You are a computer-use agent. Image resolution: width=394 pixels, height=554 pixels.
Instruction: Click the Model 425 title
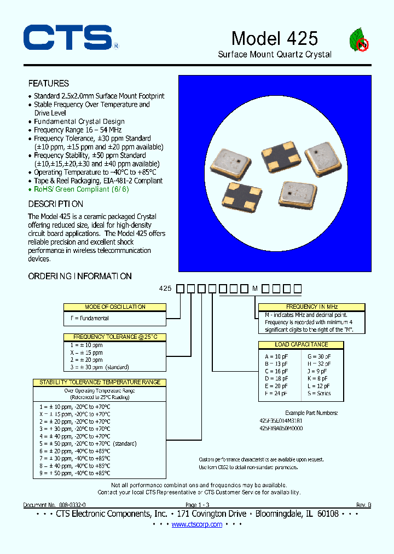[x=274, y=38]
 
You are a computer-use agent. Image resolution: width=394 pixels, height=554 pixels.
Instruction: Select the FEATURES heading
[x=49, y=83]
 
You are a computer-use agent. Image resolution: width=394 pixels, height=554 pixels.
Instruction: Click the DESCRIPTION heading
[x=56, y=204]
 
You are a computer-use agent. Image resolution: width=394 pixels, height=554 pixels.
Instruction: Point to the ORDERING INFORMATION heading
[x=80, y=276]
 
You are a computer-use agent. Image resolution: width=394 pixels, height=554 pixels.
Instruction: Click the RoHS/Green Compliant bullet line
[x=82, y=189]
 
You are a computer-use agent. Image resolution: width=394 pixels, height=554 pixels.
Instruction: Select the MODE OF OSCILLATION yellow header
[x=115, y=307]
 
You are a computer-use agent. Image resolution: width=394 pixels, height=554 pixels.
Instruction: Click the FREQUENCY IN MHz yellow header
[x=311, y=307]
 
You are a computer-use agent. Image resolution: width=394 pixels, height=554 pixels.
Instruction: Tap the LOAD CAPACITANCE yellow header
[x=302, y=344]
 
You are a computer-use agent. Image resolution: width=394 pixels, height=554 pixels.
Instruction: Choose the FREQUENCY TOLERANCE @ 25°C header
[x=115, y=337]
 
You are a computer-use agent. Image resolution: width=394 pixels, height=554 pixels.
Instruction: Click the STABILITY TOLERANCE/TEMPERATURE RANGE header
[x=100, y=382]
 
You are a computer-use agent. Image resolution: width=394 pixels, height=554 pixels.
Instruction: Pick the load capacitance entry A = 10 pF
[x=275, y=356]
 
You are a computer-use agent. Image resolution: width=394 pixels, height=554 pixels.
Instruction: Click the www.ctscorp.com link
[x=197, y=524]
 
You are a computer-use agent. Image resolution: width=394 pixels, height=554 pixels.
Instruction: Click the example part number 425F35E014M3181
[x=281, y=420]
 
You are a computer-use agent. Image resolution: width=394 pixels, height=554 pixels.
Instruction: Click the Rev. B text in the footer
[x=363, y=505]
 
